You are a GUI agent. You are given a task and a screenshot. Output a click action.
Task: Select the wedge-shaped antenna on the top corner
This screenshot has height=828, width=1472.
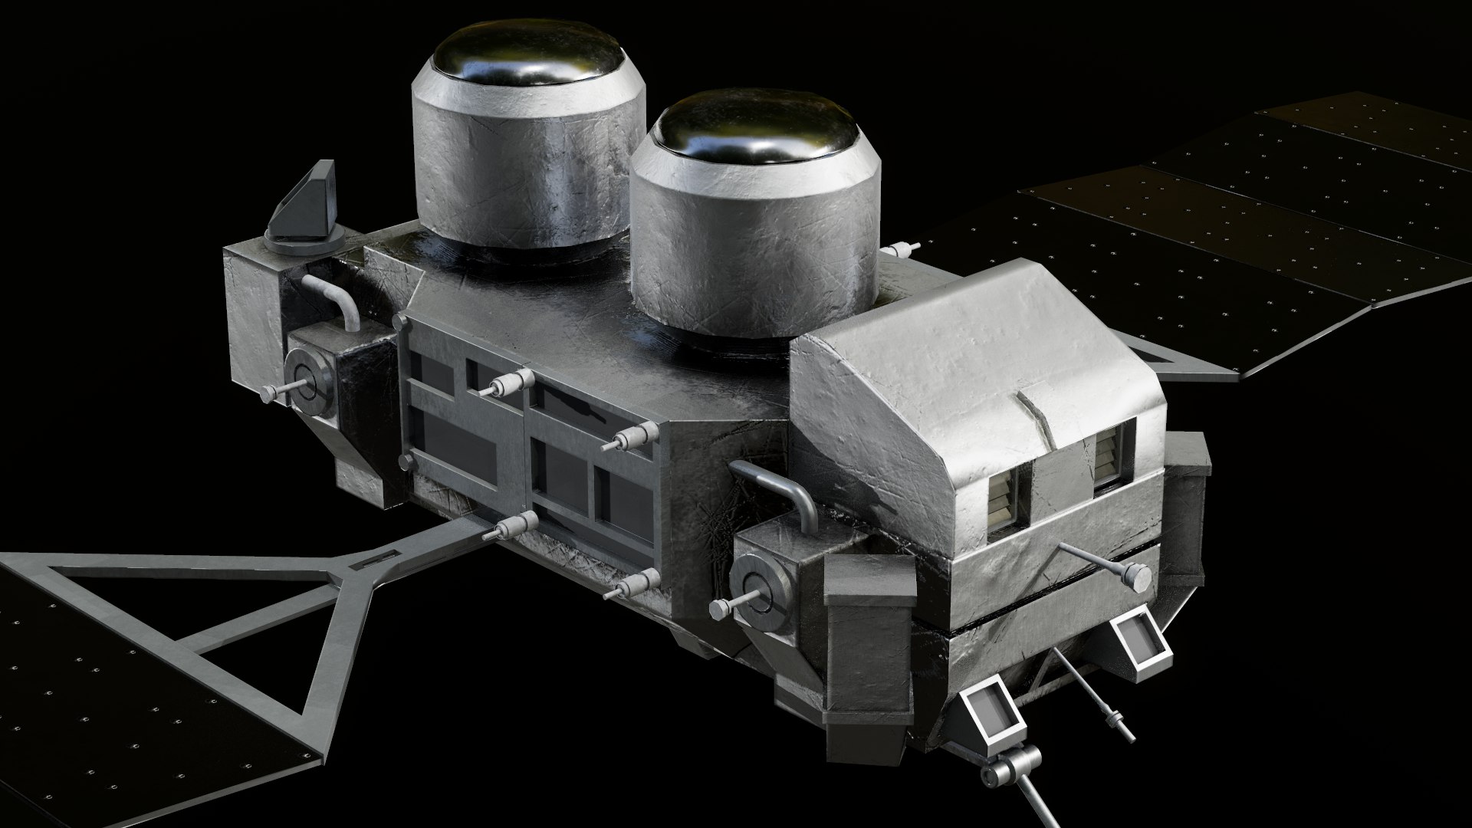point(306,205)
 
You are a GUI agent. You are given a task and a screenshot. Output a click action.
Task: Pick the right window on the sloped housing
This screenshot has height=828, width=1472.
point(1108,458)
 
